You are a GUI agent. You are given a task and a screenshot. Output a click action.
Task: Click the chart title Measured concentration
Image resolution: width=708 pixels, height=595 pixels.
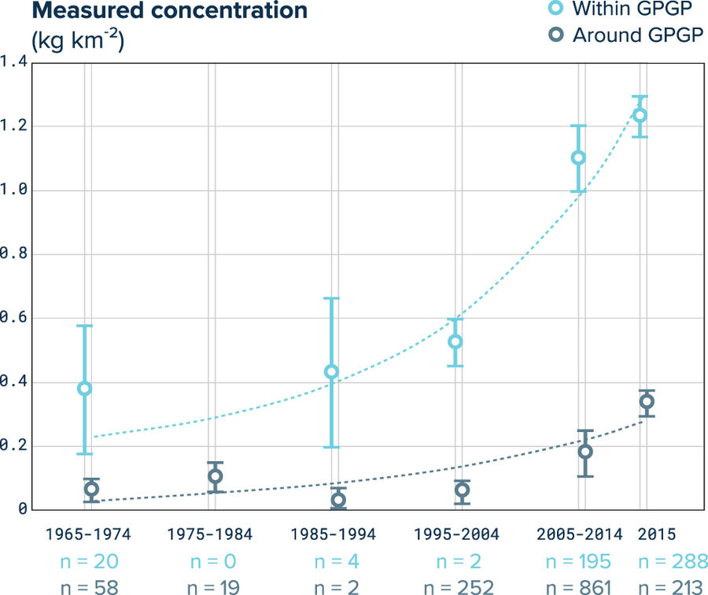tap(158, 12)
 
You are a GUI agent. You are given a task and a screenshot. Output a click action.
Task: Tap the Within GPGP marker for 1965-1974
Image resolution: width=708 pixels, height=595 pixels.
tap(84, 389)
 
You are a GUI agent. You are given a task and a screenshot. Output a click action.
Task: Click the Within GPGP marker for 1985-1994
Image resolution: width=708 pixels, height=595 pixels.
tap(331, 371)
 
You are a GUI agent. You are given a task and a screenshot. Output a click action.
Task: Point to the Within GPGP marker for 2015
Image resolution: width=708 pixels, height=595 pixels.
tap(640, 116)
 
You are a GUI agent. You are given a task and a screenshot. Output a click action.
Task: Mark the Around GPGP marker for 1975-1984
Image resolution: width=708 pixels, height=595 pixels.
tap(215, 476)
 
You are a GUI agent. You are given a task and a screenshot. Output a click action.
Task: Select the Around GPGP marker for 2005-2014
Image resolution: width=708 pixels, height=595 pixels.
tap(585, 452)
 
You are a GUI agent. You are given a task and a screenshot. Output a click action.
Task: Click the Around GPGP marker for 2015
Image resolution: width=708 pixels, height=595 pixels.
tap(647, 402)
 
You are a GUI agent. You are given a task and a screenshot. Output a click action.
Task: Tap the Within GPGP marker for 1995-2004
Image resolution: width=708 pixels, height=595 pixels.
tap(455, 342)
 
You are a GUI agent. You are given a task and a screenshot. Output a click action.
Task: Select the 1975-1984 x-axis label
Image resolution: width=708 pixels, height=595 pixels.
tap(210, 534)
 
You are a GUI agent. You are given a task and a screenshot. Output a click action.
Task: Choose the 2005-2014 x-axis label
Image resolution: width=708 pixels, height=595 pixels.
tap(578, 534)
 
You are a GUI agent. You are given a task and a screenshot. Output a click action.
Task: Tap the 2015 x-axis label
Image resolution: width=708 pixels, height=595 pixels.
tap(658, 534)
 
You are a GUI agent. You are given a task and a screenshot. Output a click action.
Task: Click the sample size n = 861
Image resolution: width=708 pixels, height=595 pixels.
tap(578, 586)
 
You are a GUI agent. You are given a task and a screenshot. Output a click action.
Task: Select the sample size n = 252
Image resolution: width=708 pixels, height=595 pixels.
tap(456, 586)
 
